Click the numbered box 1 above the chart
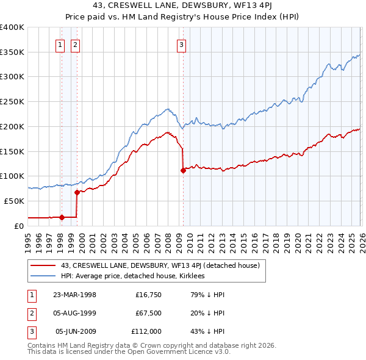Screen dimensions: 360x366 tap(61, 44)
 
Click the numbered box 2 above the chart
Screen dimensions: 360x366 tap(75, 44)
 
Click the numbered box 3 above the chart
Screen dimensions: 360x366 tap(182, 44)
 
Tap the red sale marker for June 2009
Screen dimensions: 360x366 tap(183, 170)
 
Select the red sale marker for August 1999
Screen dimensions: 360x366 tap(77, 192)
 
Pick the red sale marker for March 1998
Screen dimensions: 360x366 tap(62, 217)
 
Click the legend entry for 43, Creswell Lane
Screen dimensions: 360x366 tap(160, 265)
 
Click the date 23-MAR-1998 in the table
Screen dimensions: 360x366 tap(75, 295)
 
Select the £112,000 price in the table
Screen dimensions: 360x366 tap(146, 332)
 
